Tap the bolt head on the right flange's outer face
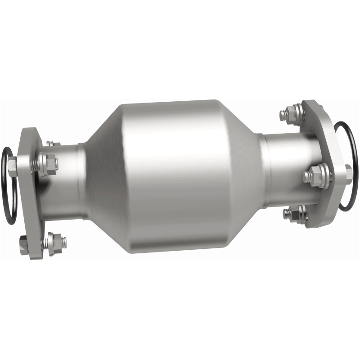tap(348, 173)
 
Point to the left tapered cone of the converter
tap(97, 180)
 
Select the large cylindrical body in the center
tap(171, 175)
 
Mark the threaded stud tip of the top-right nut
tap(283, 115)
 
